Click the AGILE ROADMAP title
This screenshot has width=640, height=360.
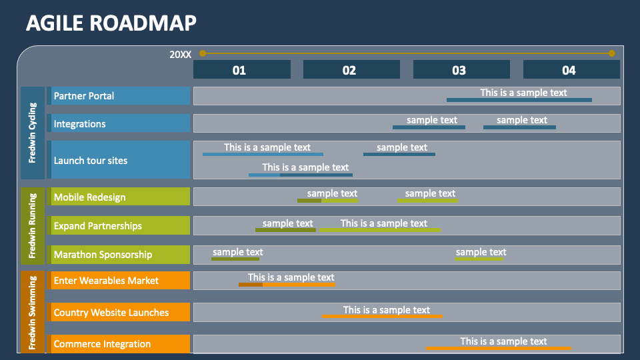[111, 23]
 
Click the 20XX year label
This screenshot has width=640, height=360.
[180, 55]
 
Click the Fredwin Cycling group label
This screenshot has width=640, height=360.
[33, 133]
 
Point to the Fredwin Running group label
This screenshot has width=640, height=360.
[33, 226]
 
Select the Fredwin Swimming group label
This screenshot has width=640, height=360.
[33, 311]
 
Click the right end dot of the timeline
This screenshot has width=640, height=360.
[611, 53]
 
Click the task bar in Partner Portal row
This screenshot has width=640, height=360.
[519, 100]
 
